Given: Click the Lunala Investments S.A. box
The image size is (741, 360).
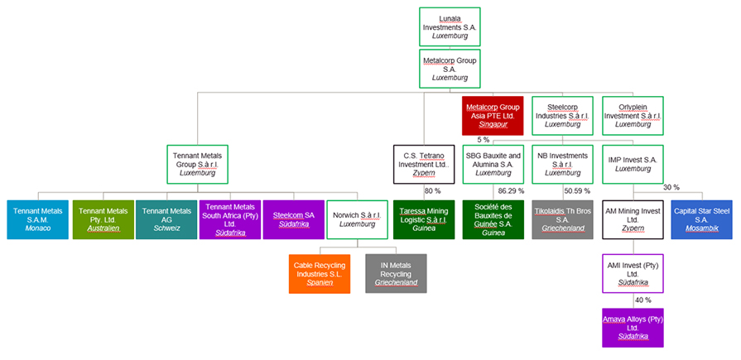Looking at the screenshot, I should point(450,26).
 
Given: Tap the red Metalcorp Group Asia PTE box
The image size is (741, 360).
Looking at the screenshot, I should point(493,116).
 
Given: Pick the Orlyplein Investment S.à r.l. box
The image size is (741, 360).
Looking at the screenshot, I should point(633,116).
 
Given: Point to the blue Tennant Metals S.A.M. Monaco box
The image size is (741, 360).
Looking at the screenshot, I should point(37,219).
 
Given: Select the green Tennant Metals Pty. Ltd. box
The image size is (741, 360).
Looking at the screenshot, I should point(103,219).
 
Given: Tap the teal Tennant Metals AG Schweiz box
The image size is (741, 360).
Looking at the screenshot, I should point(166,219).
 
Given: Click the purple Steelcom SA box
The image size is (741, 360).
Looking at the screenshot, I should point(293,219).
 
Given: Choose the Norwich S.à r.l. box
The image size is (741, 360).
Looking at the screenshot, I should point(358,219).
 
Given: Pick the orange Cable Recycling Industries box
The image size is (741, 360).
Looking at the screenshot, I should point(320,273).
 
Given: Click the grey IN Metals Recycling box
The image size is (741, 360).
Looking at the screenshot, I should point(396,273).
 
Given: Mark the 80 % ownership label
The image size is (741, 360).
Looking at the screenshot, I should point(432,191).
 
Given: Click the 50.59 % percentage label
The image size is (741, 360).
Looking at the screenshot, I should point(576,191).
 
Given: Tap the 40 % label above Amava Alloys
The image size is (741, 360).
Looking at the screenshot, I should point(642,300).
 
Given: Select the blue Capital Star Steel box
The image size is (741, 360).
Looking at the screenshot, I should point(701,219).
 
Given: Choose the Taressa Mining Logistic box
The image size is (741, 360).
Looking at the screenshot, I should point(424,219).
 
